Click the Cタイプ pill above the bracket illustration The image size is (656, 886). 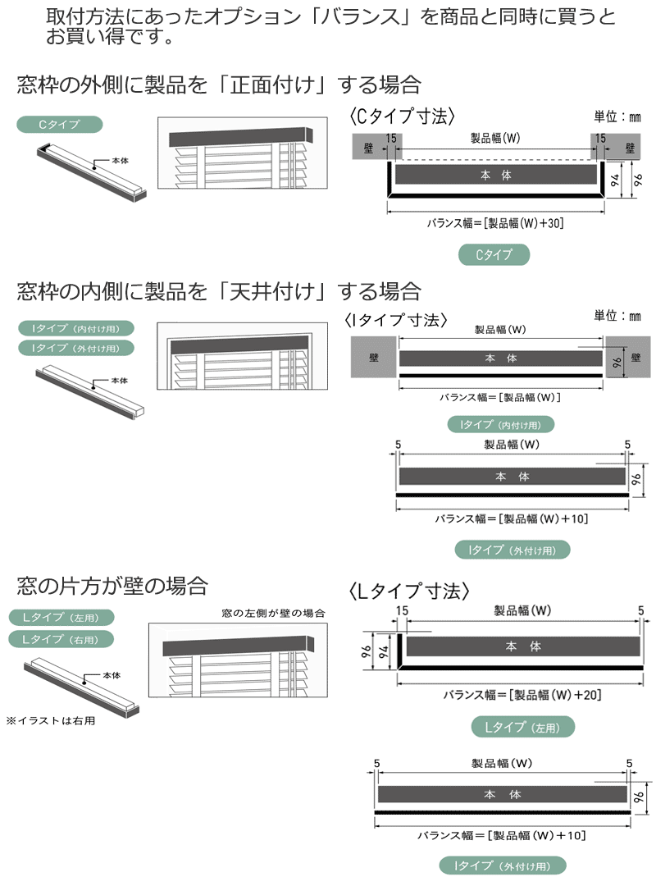(60, 126)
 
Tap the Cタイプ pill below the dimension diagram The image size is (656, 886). (494, 255)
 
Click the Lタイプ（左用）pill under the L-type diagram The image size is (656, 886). (523, 727)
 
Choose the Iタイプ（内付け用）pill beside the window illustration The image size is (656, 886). (75, 328)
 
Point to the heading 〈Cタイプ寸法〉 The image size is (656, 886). (401, 116)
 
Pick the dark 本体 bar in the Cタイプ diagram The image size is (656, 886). (495, 175)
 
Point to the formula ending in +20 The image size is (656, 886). (522, 695)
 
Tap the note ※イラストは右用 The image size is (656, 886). (51, 721)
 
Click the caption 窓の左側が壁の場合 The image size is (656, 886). (274, 613)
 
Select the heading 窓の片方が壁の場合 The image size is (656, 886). (112, 586)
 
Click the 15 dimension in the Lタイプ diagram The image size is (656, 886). (402, 610)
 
